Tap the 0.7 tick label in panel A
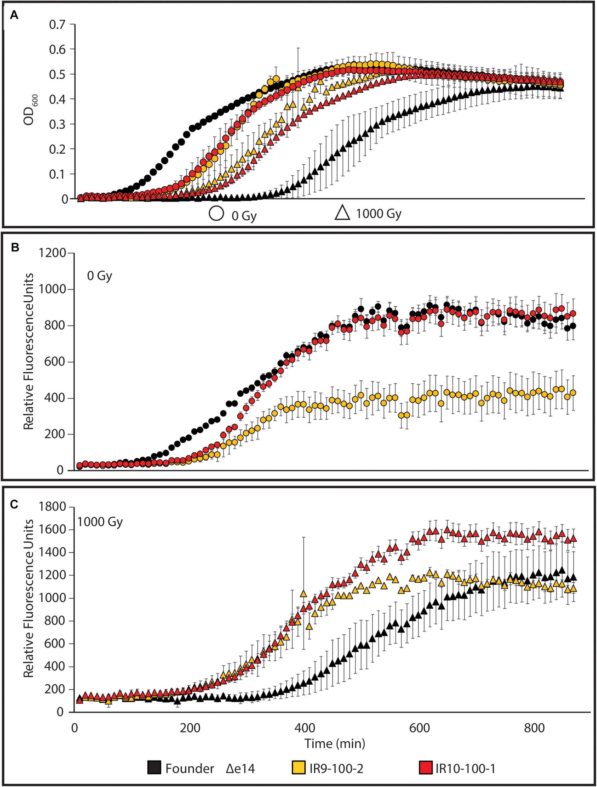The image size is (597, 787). coord(57,25)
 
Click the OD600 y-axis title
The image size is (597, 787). coord(30,110)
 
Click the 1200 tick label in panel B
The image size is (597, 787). coord(52,253)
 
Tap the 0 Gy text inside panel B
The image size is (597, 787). coord(99,276)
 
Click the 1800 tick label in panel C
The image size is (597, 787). coord(52,506)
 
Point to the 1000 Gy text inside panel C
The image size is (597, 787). coord(100,522)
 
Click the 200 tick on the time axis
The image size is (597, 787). coord(190,728)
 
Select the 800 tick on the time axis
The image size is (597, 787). coord(534,728)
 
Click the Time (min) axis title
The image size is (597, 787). coord(334,744)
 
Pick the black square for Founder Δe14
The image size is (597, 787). coord(155,768)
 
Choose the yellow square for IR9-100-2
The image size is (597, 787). coord(299,768)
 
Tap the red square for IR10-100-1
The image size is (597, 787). coord(426,768)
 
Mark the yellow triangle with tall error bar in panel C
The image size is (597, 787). coord(303,594)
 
